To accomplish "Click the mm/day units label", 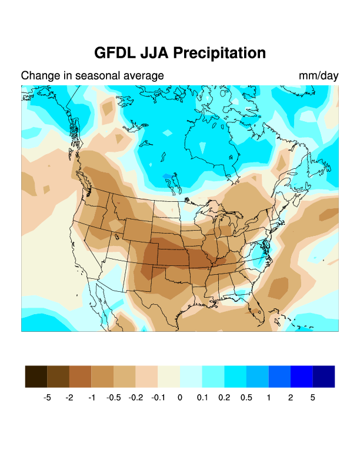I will pos(318,76).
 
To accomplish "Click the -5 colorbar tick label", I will pos(47,398).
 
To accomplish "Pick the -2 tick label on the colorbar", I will pos(69,398).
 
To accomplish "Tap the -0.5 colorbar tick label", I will pos(114,398).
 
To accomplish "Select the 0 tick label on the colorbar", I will pos(180,398).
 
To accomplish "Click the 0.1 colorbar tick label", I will pos(202,398).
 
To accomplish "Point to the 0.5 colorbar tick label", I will pos(246,398).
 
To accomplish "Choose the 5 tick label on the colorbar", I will pos(313,398).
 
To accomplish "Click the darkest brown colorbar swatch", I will pos(36,377).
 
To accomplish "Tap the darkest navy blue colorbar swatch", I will pos(324,377).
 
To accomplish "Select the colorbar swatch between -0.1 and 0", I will pos(169,377).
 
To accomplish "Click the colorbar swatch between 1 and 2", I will pos(279,377).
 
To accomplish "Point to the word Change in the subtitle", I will pos(39,76).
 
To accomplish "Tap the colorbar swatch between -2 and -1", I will pos(81,377).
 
